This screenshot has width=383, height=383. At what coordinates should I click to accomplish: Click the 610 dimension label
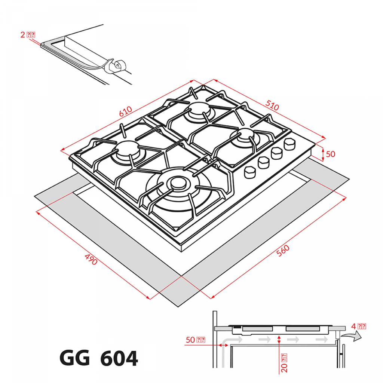[x=126, y=111]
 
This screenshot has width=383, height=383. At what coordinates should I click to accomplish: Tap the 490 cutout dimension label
[x=91, y=259]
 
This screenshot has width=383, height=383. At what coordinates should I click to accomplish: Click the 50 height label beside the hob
[x=331, y=154]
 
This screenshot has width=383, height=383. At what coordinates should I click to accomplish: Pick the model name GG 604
[x=99, y=359]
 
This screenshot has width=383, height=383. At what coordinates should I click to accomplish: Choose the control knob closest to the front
[x=249, y=172]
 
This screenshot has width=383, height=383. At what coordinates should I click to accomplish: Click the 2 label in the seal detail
[x=28, y=35]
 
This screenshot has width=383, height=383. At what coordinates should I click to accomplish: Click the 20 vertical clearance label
[x=284, y=363]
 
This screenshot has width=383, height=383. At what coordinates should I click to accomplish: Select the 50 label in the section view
[x=195, y=340]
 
